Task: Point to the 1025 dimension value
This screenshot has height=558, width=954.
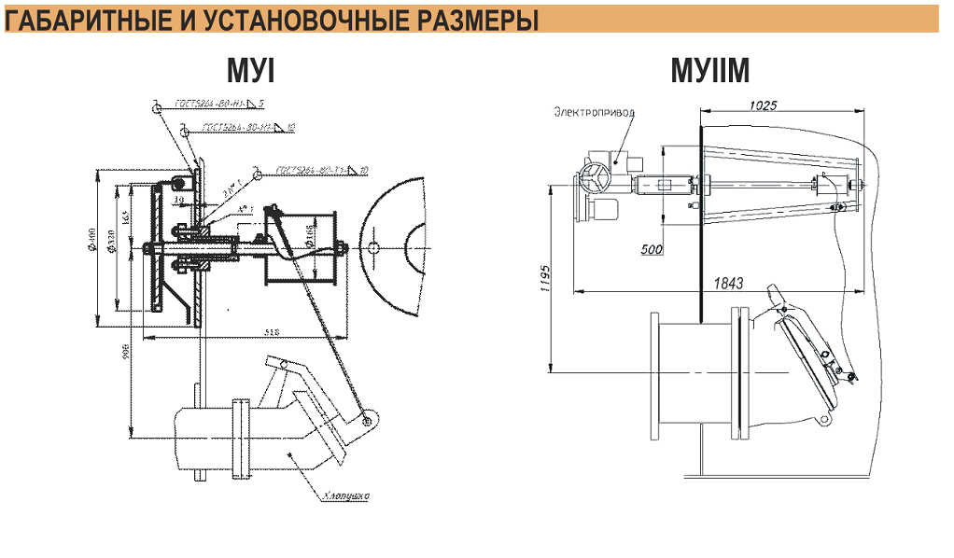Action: tap(763, 105)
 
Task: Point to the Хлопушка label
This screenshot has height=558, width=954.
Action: tap(343, 495)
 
